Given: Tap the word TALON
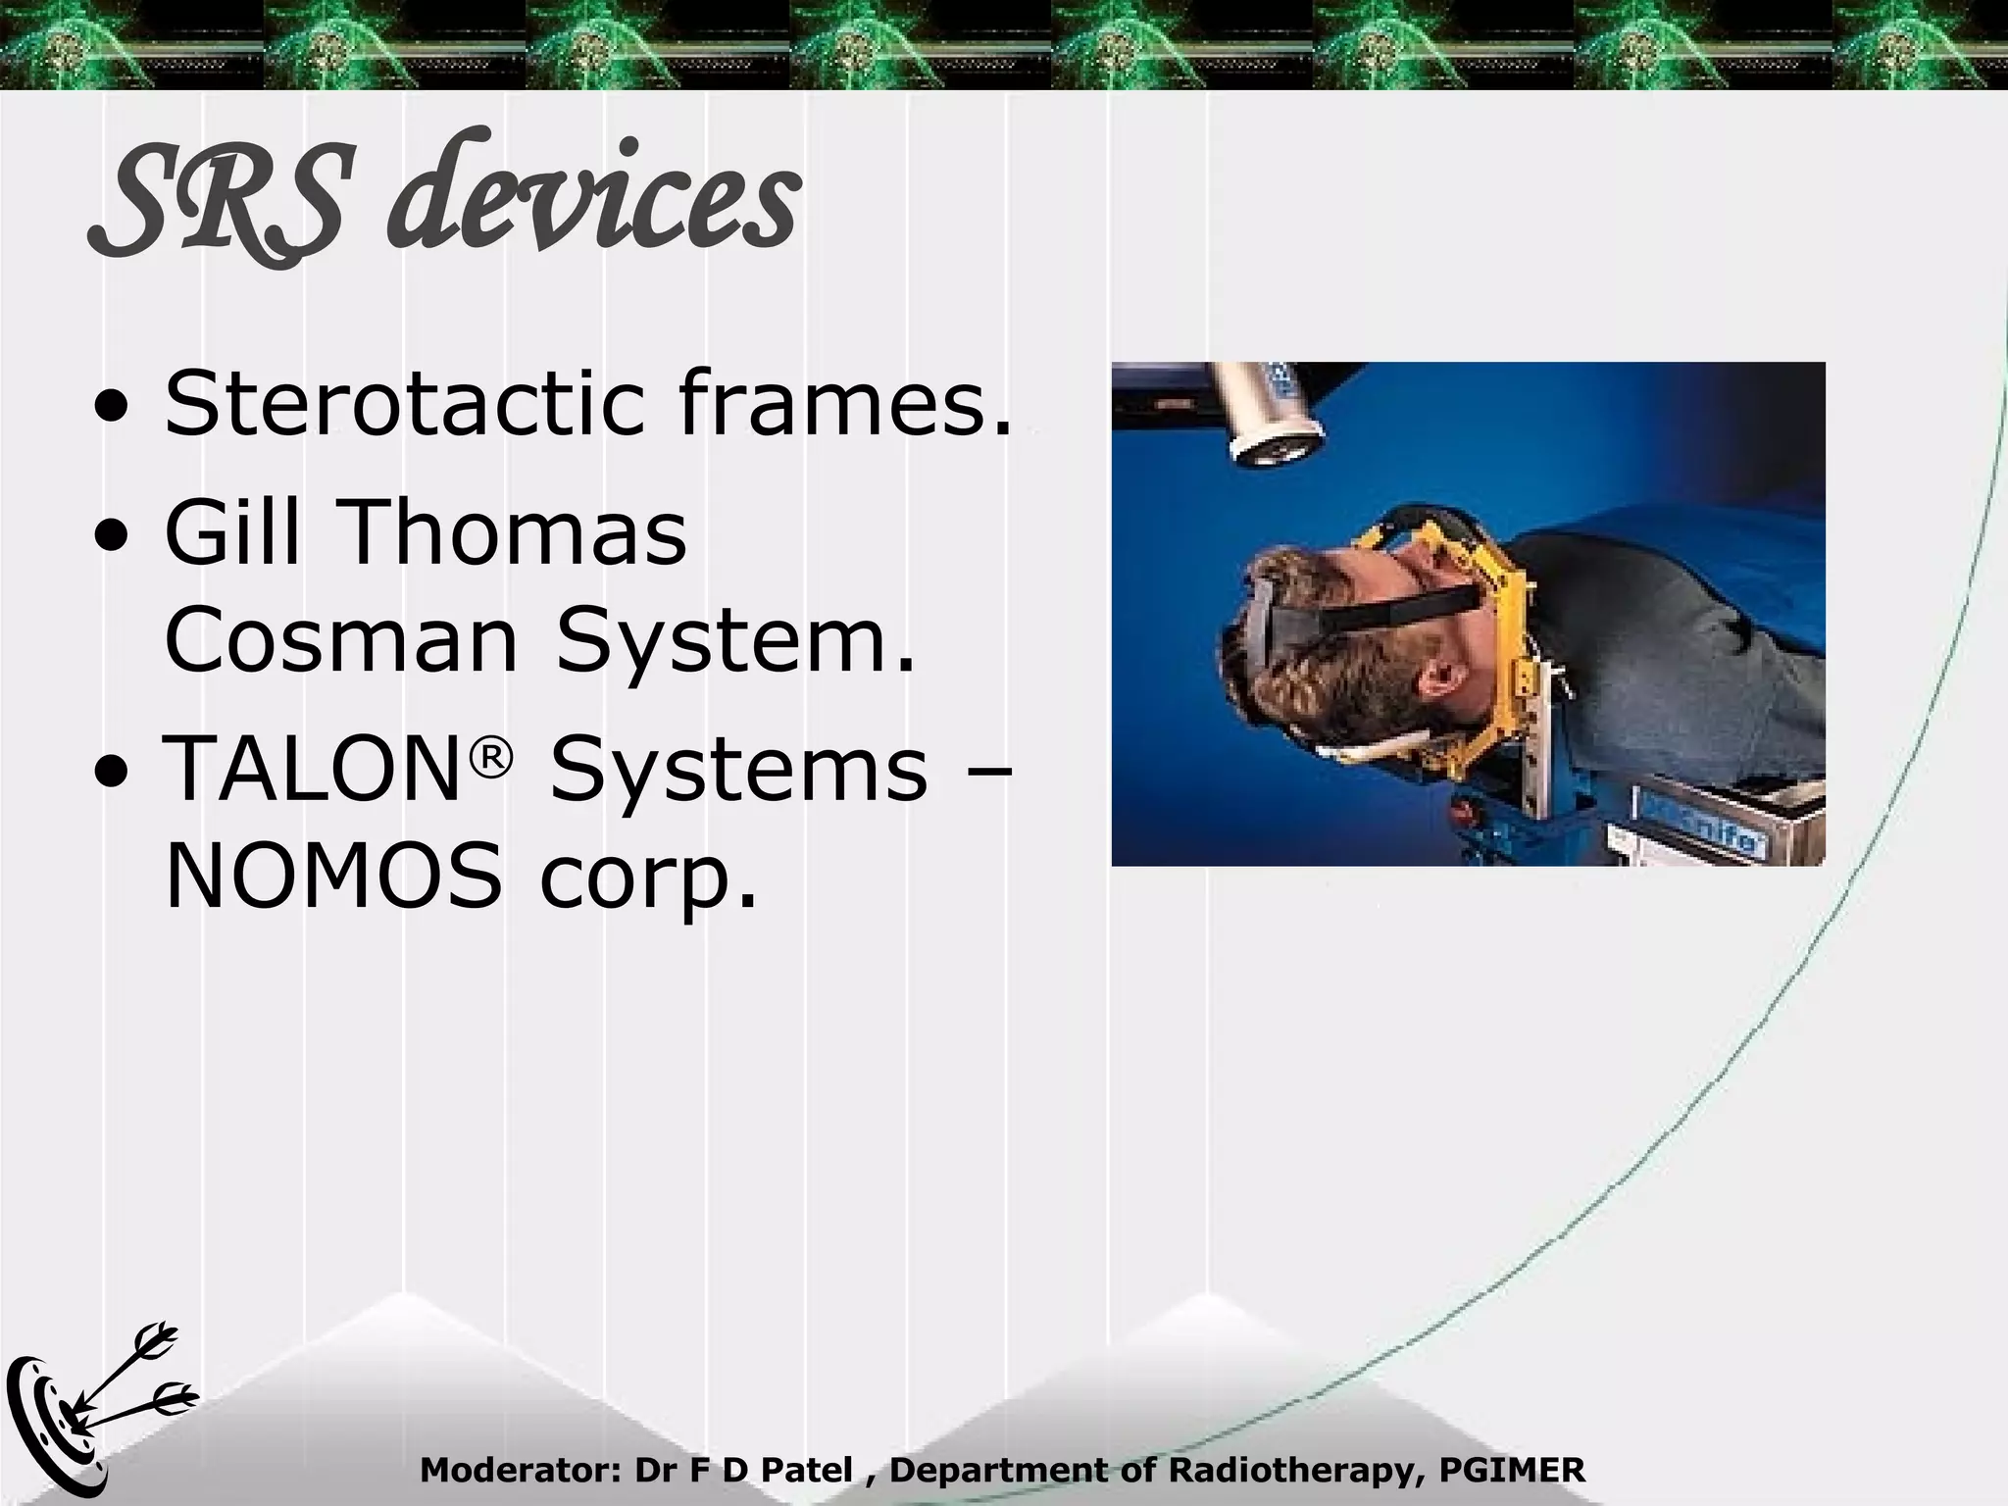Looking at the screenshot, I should (308, 770).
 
